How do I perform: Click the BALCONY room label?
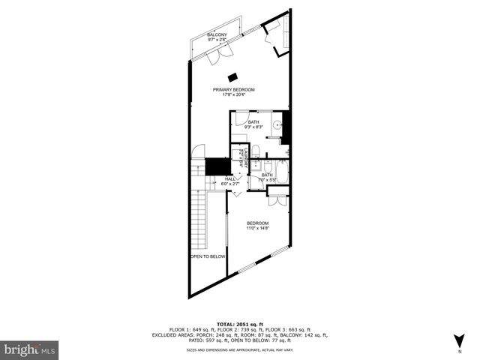(217, 35)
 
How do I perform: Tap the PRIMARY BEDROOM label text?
(233, 89)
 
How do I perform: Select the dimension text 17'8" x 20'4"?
(233, 94)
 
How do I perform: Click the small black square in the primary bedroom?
(233, 76)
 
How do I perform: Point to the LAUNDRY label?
(245, 159)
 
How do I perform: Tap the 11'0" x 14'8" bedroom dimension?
(257, 228)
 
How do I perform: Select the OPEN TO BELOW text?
(208, 256)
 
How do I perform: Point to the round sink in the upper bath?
(277, 126)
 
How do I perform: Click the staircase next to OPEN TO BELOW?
(199, 214)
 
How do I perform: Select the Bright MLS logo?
(30, 349)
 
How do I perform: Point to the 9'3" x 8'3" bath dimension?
(253, 127)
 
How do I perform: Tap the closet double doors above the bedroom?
(277, 200)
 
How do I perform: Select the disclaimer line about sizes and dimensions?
(239, 350)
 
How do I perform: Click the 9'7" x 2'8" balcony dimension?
(217, 40)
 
